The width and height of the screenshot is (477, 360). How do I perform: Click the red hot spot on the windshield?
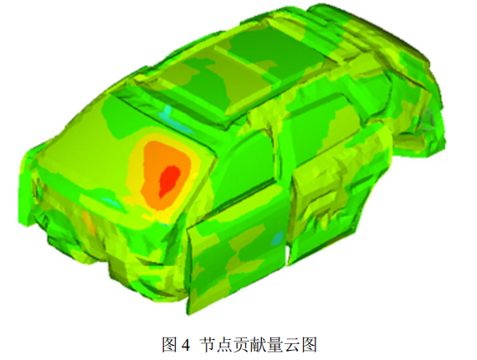pos(169,180)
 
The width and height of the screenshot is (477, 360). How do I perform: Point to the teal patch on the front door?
pos(278,239)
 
